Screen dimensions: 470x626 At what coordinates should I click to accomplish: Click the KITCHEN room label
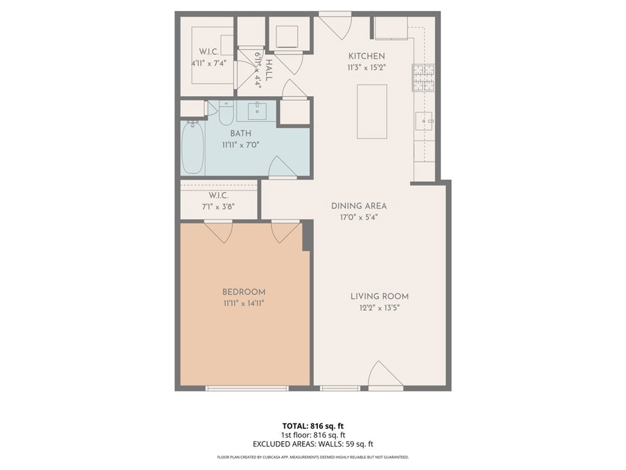pos(366,56)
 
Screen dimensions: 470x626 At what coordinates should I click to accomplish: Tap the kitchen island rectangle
pos(372,111)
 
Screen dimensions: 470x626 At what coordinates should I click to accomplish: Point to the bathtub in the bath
pos(193,147)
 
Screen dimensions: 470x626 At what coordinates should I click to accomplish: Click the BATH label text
pos(240,133)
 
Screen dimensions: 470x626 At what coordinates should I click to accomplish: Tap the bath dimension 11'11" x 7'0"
pos(240,145)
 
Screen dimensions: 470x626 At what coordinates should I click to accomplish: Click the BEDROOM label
pos(243,292)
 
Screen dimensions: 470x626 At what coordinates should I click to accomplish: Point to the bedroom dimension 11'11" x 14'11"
pos(243,302)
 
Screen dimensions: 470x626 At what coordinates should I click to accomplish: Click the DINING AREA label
pos(359,206)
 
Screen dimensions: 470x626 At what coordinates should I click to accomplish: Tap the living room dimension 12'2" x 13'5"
pos(379,307)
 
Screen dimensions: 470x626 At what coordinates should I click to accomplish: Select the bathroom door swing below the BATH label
pos(281,167)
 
